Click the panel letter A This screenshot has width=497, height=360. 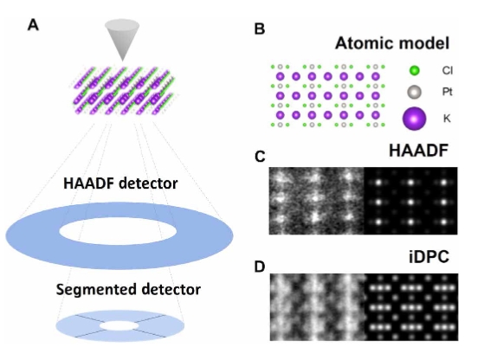tap(33, 25)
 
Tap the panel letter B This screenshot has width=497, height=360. tap(260, 29)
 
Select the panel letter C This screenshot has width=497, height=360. tap(260, 157)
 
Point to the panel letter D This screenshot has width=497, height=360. tap(260, 267)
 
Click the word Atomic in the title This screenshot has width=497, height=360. tap(363, 43)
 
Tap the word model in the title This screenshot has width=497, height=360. tap(423, 43)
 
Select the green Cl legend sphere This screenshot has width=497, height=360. tap(414, 71)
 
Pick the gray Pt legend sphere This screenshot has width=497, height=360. tap(414, 92)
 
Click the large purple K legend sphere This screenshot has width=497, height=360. tap(414, 119)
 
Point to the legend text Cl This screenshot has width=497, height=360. tap(447, 70)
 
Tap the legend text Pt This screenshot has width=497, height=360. tap(447, 92)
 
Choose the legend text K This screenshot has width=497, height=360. tap(447, 119)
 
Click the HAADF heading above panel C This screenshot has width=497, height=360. tap(418, 151)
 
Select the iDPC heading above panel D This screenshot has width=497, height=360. tap(429, 257)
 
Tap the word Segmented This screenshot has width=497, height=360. tap(96, 290)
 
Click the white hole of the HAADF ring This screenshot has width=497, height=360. tap(118, 231)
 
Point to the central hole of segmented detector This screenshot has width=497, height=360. tap(119, 325)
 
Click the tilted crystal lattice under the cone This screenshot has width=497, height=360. tap(124, 91)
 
